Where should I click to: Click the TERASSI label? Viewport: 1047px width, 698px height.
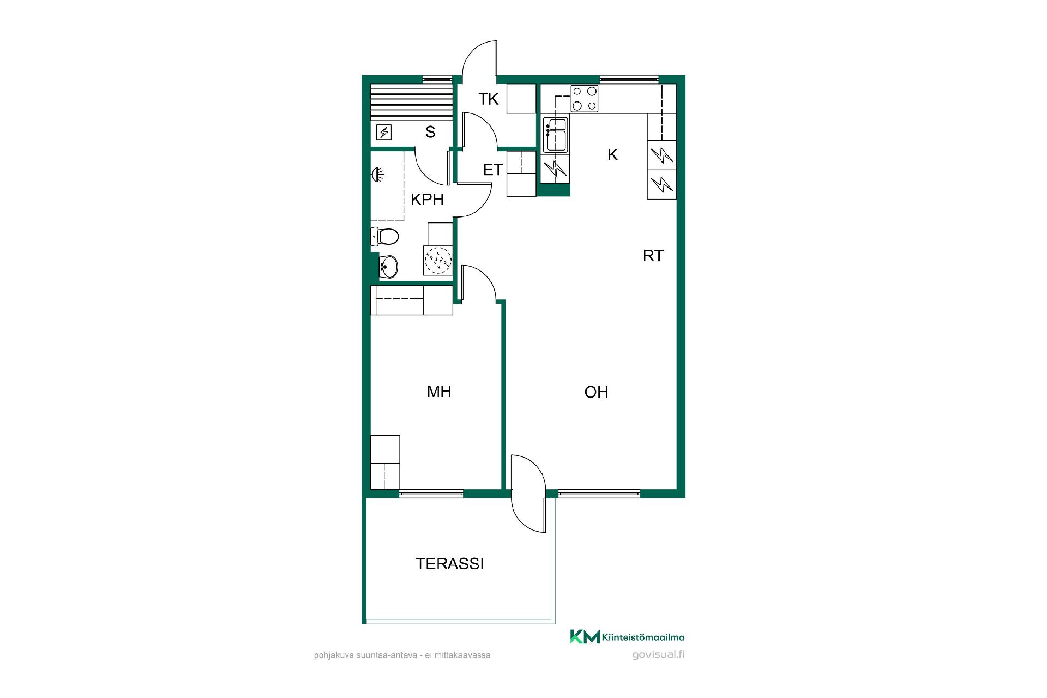click(449, 564)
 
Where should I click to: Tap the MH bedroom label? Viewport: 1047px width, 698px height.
click(439, 392)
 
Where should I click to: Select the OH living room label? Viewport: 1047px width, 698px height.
click(596, 392)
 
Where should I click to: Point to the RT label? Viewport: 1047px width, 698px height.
click(653, 256)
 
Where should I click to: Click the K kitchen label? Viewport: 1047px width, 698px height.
click(612, 155)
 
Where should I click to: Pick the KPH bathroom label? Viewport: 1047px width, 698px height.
click(427, 200)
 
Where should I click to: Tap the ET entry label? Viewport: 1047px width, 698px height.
click(492, 170)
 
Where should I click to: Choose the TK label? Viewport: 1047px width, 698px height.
click(489, 99)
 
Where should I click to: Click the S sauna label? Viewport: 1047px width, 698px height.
click(430, 132)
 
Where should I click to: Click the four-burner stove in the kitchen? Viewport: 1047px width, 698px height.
click(585, 99)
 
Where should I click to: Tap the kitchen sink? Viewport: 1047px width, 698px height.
click(556, 134)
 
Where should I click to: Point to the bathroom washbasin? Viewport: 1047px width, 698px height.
click(388, 267)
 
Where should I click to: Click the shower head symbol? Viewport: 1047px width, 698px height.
click(377, 175)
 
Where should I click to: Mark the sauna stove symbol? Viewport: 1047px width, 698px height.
click(384, 132)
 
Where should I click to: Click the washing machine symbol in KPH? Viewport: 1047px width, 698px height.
click(438, 260)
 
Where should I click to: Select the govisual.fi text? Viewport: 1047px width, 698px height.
click(658, 655)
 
